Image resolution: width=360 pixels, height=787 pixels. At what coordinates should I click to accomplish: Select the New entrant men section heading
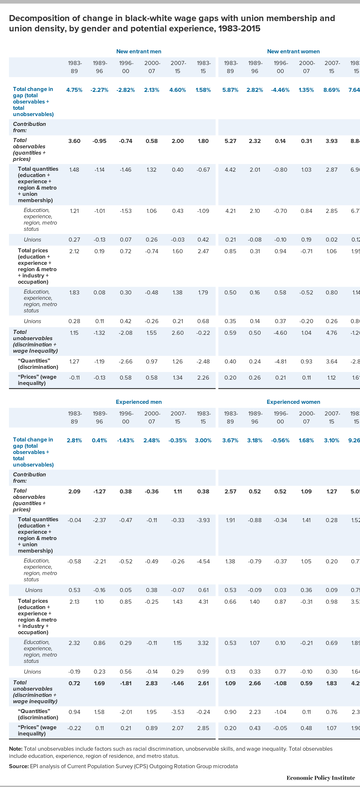tap(139, 51)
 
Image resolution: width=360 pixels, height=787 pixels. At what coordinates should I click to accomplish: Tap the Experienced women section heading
tap(293, 402)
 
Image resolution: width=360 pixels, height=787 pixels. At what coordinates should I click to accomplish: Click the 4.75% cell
tap(74, 90)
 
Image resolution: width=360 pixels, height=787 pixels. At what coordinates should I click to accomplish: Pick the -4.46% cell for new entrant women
tap(280, 90)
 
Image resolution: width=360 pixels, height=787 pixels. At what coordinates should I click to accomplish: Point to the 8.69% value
tap(332, 90)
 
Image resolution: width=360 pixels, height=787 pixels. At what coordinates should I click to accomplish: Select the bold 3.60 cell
tap(74, 141)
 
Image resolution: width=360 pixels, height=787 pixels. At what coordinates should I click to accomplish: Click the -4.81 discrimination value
tap(280, 361)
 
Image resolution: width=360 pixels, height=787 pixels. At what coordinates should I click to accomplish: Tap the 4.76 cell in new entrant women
tap(332, 333)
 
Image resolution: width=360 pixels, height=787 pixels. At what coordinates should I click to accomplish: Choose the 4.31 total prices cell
tap(203, 601)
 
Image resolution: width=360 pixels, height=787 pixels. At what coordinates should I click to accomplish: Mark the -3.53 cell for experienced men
tap(178, 712)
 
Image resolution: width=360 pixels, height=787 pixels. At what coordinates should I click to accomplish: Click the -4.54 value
tap(203, 561)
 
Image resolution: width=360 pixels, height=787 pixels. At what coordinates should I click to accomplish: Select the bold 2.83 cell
tap(152, 683)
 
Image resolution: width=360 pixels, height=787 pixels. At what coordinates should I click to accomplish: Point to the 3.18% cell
tap(255, 440)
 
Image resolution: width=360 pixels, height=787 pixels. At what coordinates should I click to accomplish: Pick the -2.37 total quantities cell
tap(99, 520)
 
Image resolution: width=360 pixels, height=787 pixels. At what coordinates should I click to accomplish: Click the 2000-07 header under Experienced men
tap(152, 417)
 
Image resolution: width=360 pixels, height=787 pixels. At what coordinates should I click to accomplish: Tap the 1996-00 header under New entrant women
tap(280, 67)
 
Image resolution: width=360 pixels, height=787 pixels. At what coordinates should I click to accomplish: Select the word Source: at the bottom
tap(19, 766)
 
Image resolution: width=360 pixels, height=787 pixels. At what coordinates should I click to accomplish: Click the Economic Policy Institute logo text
tap(321, 778)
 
